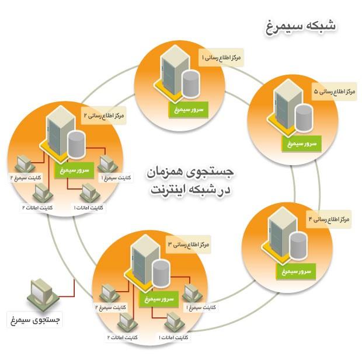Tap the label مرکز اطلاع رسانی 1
click(221, 58)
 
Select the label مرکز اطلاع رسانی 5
click(335, 92)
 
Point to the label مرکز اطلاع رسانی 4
click(329, 219)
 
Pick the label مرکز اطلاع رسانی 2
click(103, 116)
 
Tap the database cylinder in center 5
click(303, 119)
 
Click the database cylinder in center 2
click(76, 145)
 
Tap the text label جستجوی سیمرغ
click(34, 320)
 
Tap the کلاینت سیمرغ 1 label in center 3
click(201, 307)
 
